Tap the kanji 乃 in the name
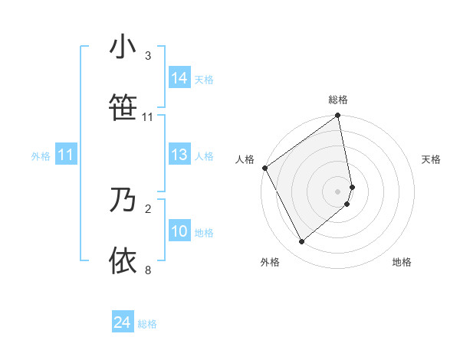tap(123, 200)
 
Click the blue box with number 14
tap(179, 77)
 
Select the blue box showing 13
tap(179, 155)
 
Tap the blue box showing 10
tap(179, 231)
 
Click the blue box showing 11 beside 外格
tap(66, 155)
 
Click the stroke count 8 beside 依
tap(148, 270)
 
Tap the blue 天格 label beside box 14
tap(204, 79)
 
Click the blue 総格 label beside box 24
tap(147, 324)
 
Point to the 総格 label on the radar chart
tap(338, 100)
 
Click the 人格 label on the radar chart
tap(245, 159)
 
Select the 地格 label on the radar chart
tap(402, 262)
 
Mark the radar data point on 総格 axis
tap(338, 116)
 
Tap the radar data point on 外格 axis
tap(301, 242)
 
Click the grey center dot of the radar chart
tap(338, 191)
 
